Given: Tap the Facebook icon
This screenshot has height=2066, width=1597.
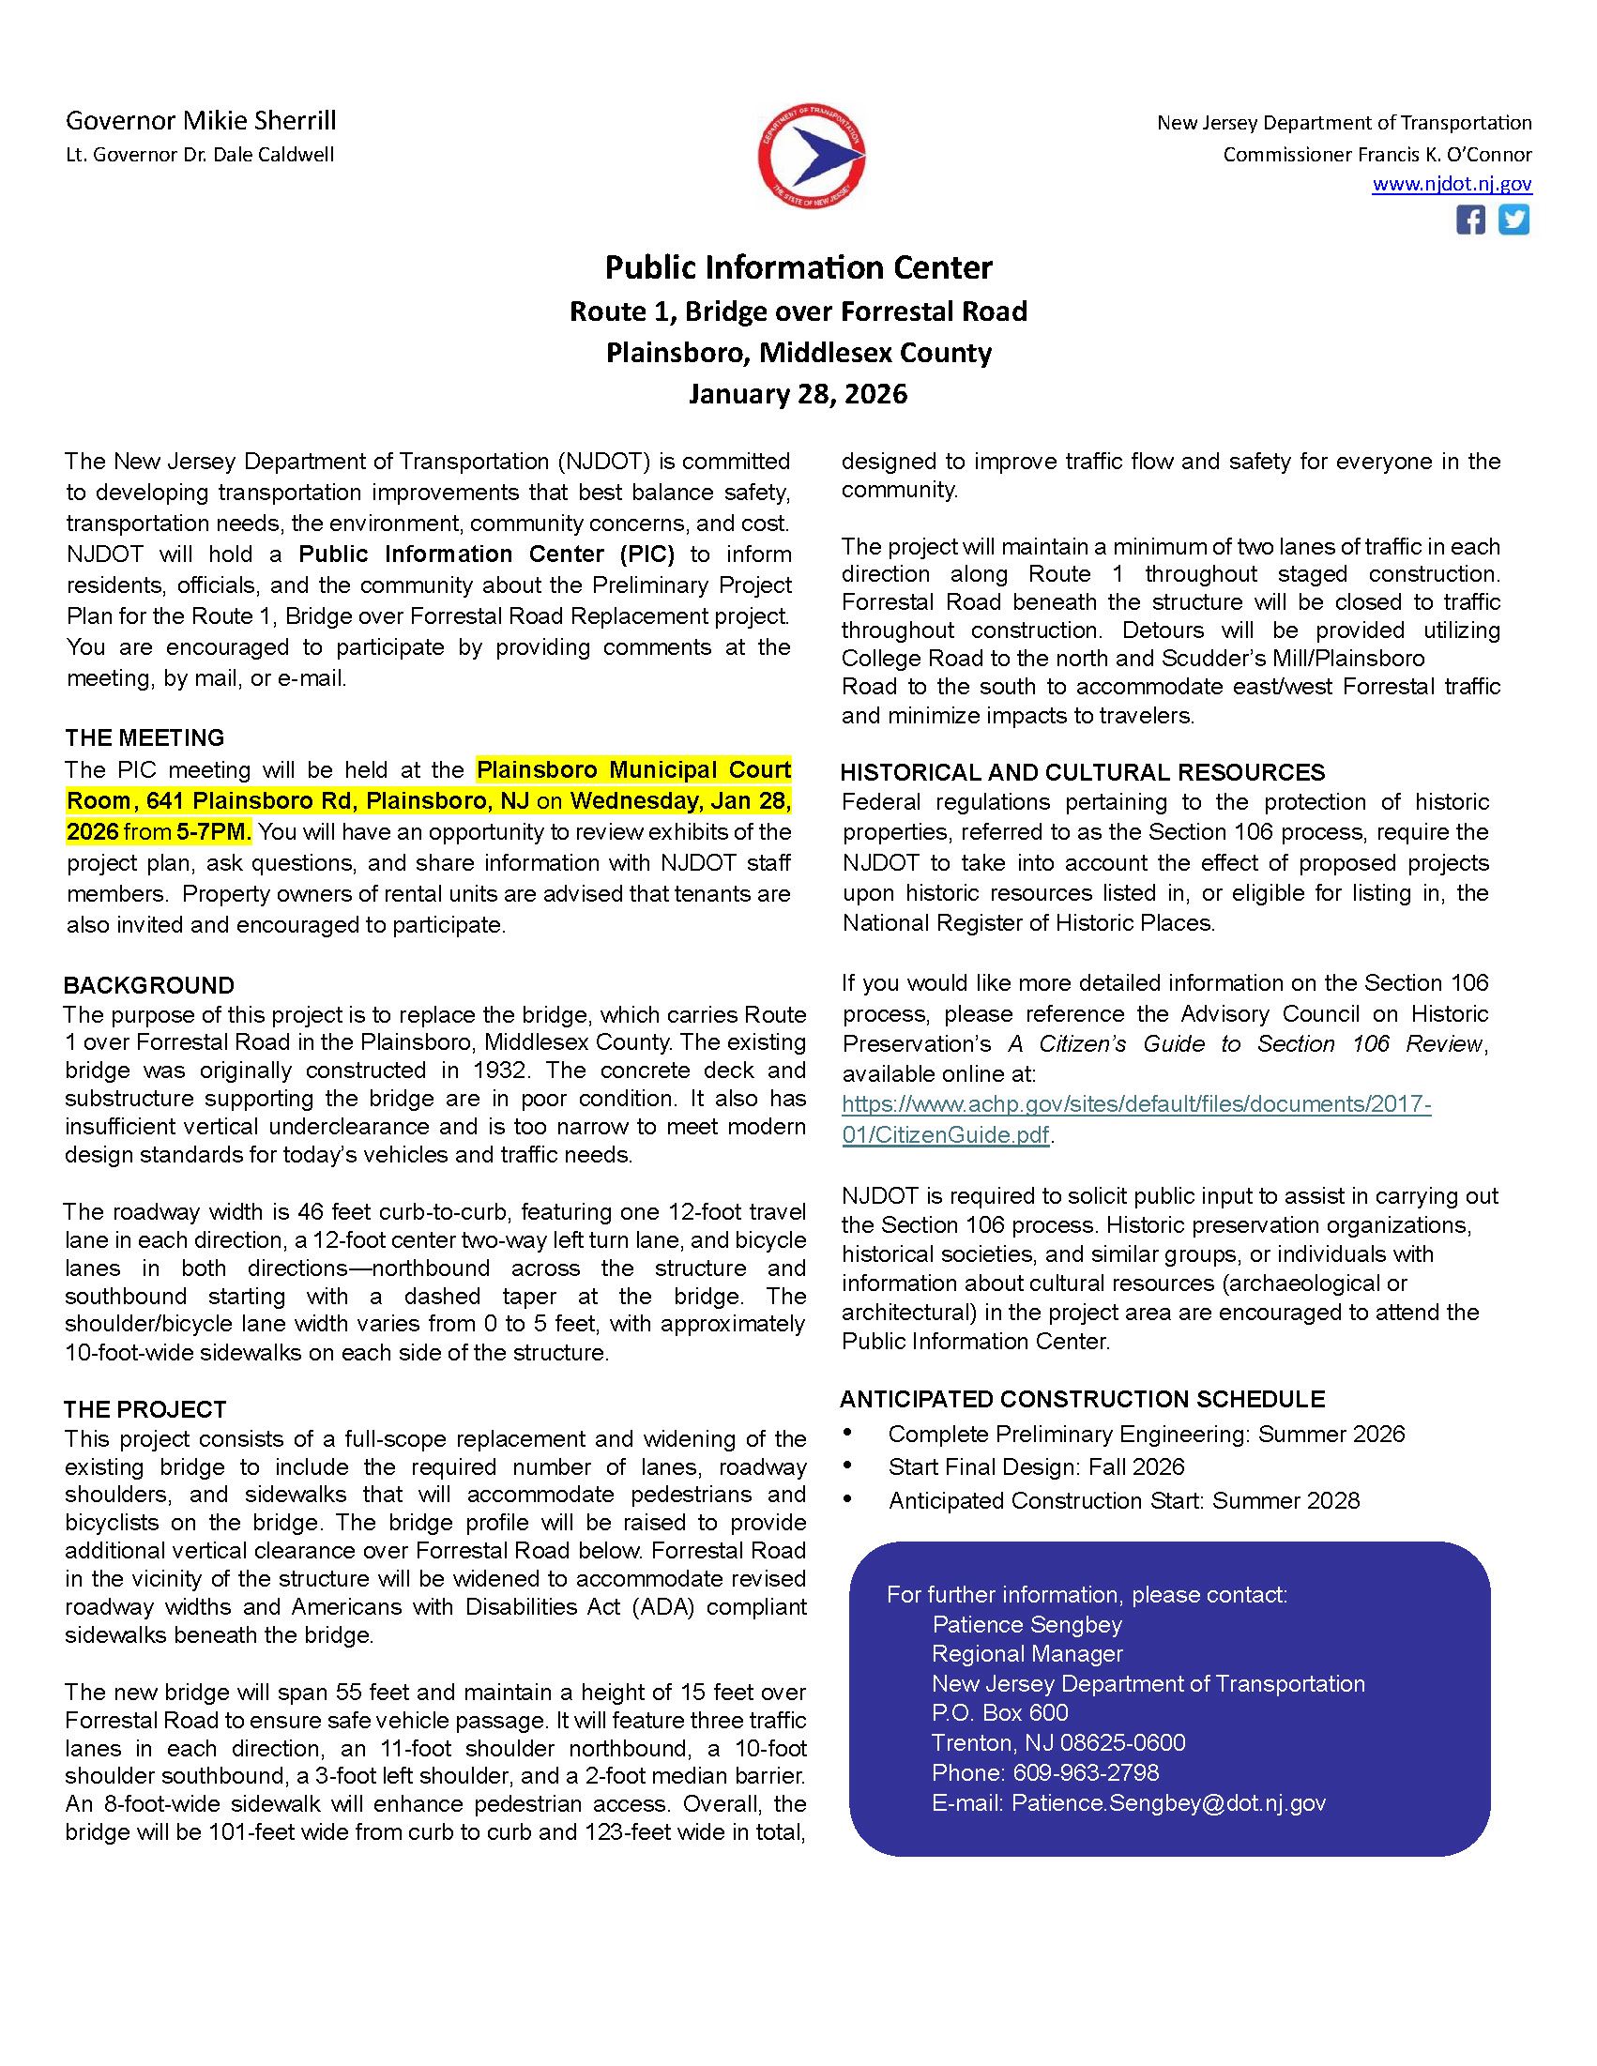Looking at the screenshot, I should point(1469,220).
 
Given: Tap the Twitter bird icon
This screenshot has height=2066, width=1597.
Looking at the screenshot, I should point(1513,220).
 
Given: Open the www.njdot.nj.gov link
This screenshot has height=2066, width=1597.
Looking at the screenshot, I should point(1452,185).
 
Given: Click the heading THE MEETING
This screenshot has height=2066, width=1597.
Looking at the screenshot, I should point(144,737).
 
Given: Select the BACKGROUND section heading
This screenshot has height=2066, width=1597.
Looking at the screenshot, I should point(148,985).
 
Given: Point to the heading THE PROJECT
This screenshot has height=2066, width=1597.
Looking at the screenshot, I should point(144,1409).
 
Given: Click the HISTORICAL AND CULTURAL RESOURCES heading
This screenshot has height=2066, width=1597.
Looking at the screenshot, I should point(1082,772).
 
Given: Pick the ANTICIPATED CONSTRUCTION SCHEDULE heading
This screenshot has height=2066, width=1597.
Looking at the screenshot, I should point(1082,1399).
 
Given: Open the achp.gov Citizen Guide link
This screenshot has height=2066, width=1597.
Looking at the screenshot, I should point(1135,1119).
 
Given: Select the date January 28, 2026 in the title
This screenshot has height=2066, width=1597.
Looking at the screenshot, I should point(798,393).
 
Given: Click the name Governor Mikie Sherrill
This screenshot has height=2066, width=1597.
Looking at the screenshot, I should point(201,121).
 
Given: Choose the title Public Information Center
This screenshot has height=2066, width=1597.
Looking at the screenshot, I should point(798,267).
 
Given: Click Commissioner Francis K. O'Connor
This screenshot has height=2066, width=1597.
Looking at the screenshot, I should point(1376,154).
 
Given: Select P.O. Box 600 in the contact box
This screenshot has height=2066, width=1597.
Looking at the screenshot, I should point(999,1712).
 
